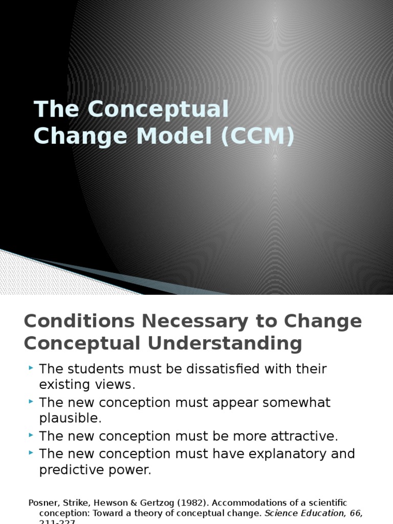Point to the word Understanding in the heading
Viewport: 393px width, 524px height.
click(225, 343)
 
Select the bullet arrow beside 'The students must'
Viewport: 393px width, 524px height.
click(31, 368)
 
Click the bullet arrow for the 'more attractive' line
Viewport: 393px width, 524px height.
click(31, 436)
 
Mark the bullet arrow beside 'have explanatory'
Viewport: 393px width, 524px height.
click(31, 453)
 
